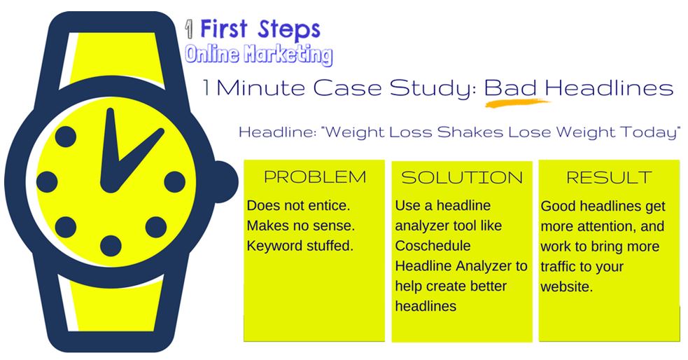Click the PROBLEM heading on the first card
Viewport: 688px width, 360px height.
point(315,177)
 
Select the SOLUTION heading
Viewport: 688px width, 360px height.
point(462,177)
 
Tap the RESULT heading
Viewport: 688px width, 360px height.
point(609,177)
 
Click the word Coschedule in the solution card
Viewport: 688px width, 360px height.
point(433,245)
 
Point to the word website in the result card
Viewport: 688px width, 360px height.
point(566,286)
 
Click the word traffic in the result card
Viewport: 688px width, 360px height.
point(557,266)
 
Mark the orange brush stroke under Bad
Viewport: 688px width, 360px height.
point(517,104)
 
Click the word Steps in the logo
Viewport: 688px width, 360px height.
point(289,30)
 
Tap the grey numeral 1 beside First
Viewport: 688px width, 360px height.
point(190,30)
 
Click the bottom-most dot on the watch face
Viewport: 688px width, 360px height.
point(111,246)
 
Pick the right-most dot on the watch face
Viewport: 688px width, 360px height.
point(175,182)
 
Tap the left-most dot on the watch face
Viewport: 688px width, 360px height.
point(47,182)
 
